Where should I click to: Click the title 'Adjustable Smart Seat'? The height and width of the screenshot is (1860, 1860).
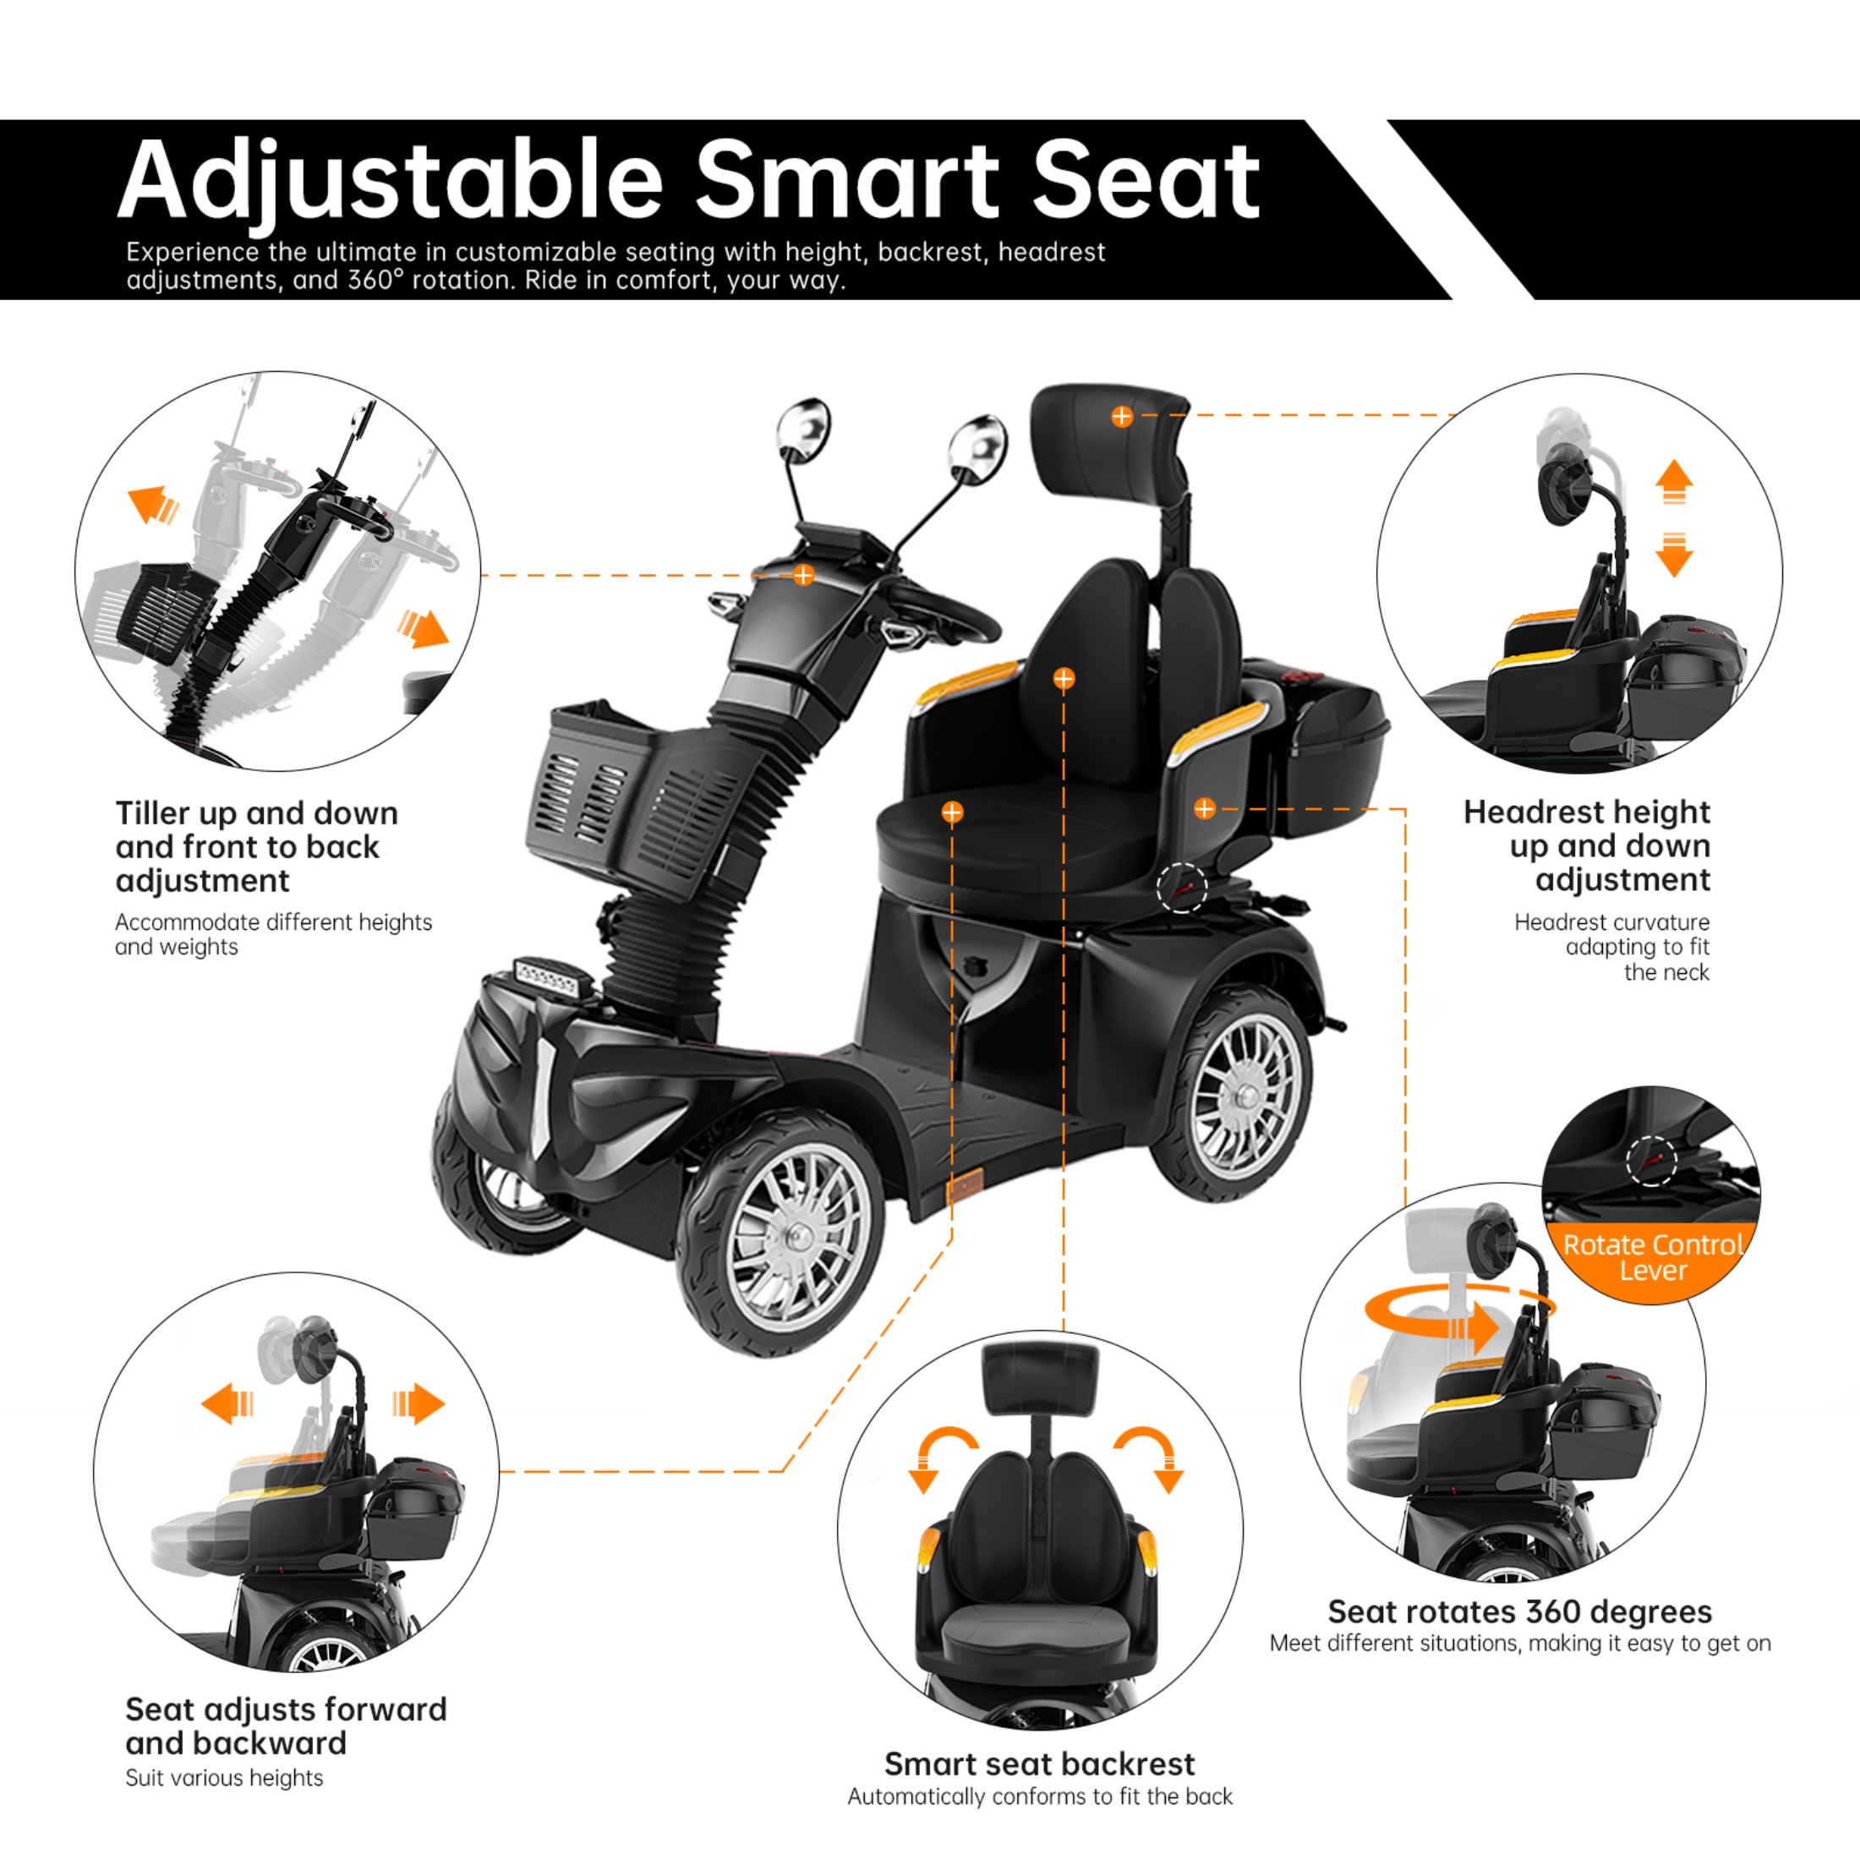point(688,180)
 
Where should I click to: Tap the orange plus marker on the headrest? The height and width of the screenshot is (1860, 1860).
point(1122,417)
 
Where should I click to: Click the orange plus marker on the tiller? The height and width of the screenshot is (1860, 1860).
point(803,576)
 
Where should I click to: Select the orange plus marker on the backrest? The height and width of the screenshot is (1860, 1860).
point(1063,680)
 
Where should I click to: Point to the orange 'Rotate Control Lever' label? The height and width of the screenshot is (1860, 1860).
point(1652,1257)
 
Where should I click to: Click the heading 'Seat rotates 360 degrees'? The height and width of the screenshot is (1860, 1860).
point(1519,1611)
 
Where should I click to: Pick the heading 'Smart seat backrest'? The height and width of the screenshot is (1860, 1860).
point(1039,1764)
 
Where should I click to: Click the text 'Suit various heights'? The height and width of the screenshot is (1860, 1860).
point(224,1778)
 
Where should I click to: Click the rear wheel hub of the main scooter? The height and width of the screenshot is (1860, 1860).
point(1245,1095)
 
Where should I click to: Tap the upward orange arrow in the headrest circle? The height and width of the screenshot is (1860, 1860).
point(1674,480)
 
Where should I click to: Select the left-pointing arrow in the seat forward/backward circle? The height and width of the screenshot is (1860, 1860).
point(228,1403)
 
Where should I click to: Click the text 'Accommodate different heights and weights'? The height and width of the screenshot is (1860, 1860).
point(272,934)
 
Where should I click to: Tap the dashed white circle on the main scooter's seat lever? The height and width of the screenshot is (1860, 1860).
point(1181,887)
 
